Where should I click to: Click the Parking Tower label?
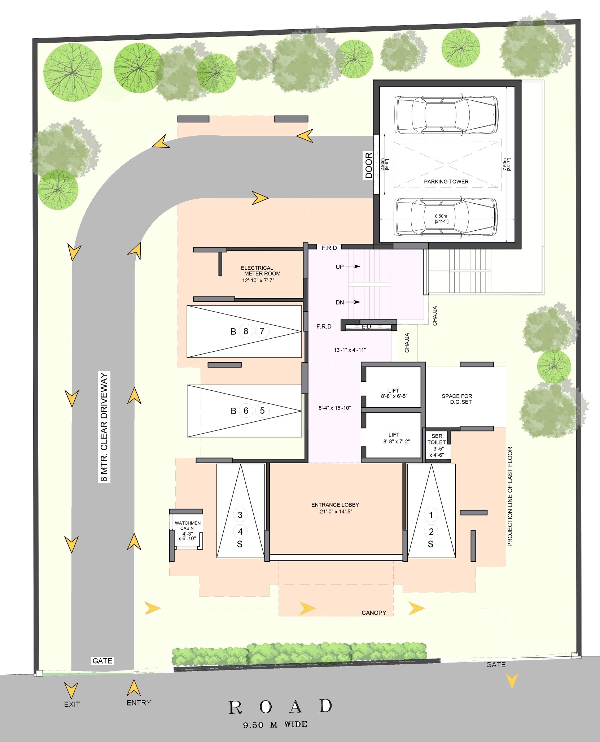(446, 182)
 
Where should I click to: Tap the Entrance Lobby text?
(335, 508)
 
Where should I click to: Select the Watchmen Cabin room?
(187, 531)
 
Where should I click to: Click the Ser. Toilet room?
(437, 446)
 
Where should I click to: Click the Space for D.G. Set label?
(457, 399)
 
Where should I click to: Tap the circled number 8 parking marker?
(246, 331)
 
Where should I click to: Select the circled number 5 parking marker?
(262, 411)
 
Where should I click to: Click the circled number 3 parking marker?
(240, 515)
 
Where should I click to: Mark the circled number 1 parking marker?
(431, 515)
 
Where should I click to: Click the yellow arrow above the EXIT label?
(71, 690)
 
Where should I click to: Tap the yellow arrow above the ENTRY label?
(133, 688)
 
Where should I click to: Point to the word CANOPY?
(374, 613)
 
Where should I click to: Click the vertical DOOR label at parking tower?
(368, 166)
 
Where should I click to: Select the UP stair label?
(340, 267)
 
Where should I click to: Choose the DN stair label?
(340, 303)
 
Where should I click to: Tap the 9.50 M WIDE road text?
(275, 725)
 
